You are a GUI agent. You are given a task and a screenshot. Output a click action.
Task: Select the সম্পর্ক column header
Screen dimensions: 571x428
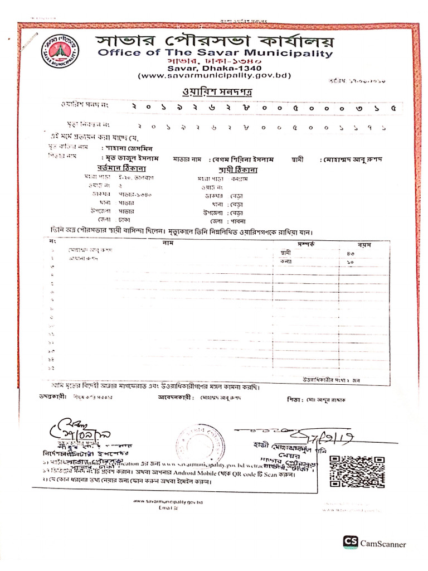(x=306, y=244)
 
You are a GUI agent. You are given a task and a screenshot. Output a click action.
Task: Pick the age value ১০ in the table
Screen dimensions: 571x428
(x=349, y=261)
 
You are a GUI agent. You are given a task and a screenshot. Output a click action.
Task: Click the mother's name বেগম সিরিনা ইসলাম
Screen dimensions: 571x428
(x=245, y=159)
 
